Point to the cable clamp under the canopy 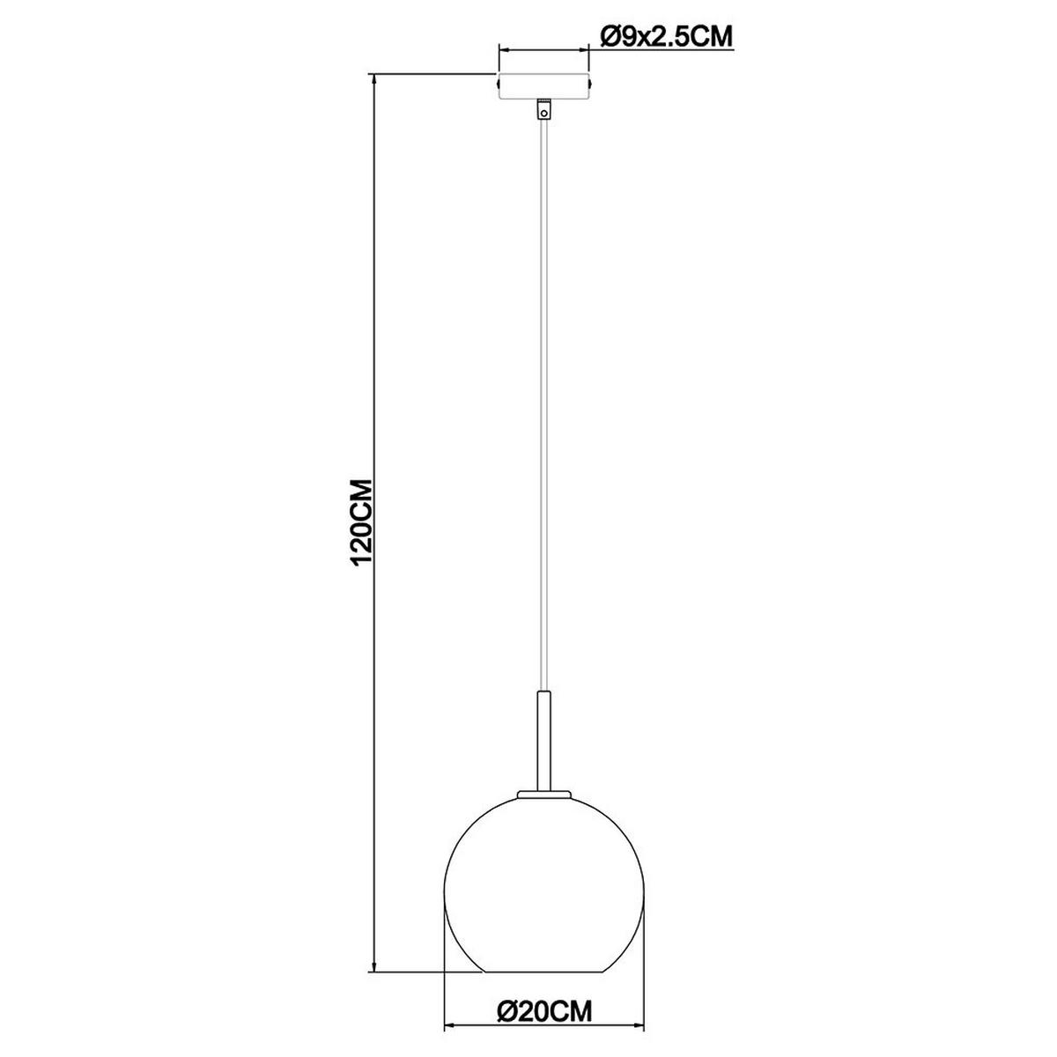544,109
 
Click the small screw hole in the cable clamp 544,112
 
